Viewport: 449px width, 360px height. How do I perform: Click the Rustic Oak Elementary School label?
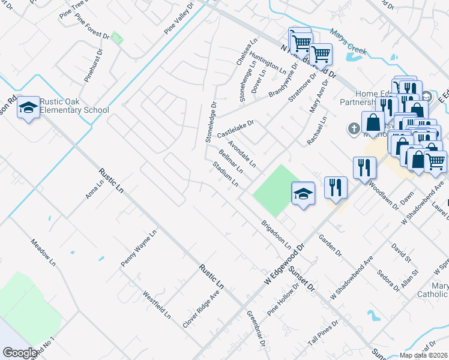(x=75, y=105)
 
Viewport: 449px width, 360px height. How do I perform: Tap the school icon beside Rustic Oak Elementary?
(x=28, y=108)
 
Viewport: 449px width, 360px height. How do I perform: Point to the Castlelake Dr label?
(x=236, y=127)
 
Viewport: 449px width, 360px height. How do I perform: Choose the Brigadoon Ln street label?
(x=276, y=235)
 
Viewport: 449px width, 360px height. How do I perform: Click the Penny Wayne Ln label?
(x=139, y=248)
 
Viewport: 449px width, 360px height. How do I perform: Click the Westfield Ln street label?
(x=157, y=305)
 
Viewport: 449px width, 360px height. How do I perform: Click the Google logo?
(x=20, y=352)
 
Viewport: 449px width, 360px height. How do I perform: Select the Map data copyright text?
(x=423, y=355)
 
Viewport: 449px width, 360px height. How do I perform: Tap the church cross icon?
(x=354, y=128)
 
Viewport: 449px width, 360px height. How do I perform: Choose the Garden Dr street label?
(x=331, y=244)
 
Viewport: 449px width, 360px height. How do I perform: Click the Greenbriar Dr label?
(x=256, y=329)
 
